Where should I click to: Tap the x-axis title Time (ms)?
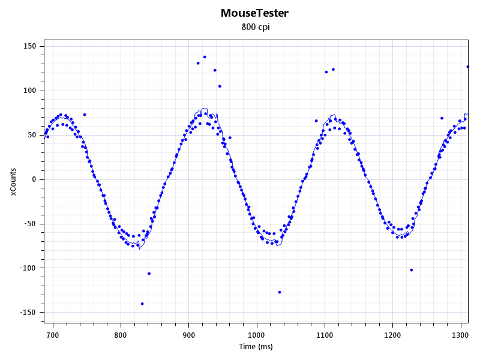pos(256,347)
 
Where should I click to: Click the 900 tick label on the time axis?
pos(189,335)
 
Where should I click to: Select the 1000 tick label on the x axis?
pos(257,335)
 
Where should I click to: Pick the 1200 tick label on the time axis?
pos(393,335)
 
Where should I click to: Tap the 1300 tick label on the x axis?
pos(461,335)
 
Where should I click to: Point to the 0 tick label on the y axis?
pos(34,179)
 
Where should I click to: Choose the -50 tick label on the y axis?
pos(30,224)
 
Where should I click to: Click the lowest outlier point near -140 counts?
pos(142,304)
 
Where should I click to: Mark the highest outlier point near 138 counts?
pos(205,57)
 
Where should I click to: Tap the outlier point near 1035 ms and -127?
pos(280,292)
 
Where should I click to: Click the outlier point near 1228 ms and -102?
pos(411,270)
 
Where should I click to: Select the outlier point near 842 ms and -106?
pos(149,274)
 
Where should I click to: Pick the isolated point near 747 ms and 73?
pos(85,115)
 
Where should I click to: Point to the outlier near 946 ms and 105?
pos(220,86)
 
